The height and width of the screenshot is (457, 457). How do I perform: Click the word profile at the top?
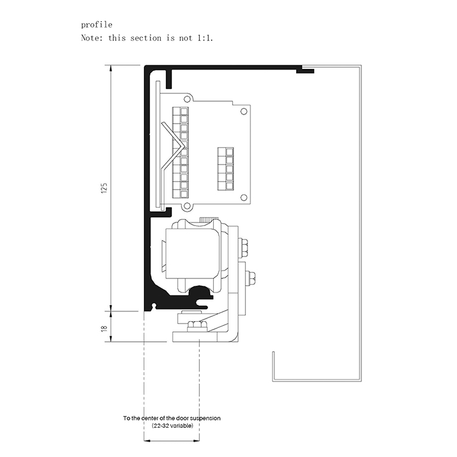click(x=97, y=25)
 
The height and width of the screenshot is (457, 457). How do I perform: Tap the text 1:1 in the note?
click(x=204, y=38)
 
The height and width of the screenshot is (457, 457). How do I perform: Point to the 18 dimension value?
click(x=104, y=328)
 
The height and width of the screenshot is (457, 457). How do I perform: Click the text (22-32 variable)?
click(x=172, y=425)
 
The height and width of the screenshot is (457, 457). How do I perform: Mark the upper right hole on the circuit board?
click(x=244, y=111)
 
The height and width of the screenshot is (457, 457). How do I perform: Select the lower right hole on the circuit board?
click(x=244, y=197)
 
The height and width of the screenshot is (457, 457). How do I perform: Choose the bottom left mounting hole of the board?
click(x=186, y=207)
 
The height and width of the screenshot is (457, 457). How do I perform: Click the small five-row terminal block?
click(x=226, y=167)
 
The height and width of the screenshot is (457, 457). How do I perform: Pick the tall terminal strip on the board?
click(x=180, y=152)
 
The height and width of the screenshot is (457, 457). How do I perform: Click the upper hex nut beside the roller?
click(x=244, y=248)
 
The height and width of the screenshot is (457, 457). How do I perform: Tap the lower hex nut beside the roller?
click(x=250, y=278)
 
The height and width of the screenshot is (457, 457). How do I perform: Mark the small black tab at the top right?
click(x=305, y=71)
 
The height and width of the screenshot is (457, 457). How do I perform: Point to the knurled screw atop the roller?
click(x=208, y=219)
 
